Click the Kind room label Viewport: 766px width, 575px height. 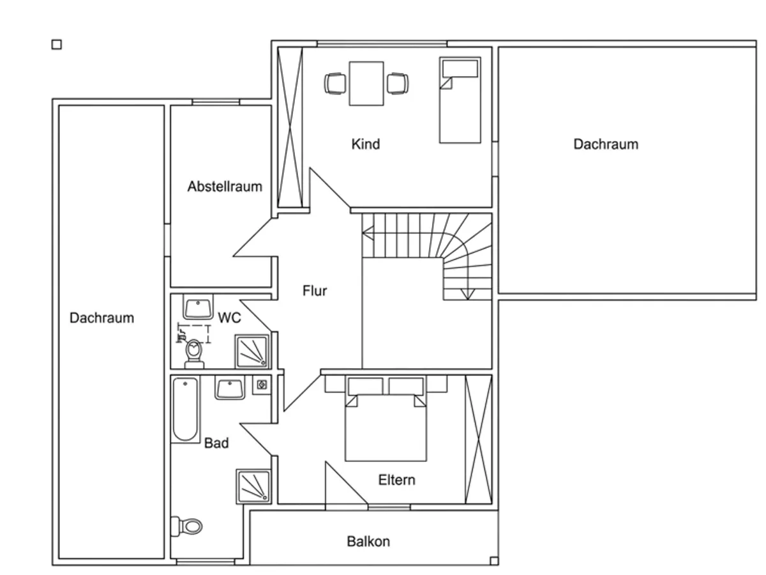[365, 144]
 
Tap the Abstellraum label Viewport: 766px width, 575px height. [225, 187]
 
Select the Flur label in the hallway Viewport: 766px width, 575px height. [315, 291]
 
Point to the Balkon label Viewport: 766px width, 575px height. [368, 542]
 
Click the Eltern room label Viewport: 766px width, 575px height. [396, 480]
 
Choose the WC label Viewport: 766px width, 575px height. [229, 318]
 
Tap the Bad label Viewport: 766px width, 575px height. [216, 443]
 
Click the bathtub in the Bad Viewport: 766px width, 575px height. [185, 410]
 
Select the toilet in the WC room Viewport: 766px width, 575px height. [194, 353]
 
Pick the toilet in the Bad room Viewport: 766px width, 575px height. [186, 526]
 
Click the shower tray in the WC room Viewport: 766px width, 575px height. [252, 351]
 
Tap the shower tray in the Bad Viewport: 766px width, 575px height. [253, 486]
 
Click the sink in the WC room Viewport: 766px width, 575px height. [198, 307]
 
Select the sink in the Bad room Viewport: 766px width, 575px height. [230, 388]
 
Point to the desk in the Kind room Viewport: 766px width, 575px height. [366, 84]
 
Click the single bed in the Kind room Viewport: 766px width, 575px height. [460, 100]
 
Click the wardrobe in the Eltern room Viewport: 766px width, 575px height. [479, 439]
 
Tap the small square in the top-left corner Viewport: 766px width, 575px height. [57, 45]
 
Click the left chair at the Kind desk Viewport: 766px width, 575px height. [335, 84]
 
